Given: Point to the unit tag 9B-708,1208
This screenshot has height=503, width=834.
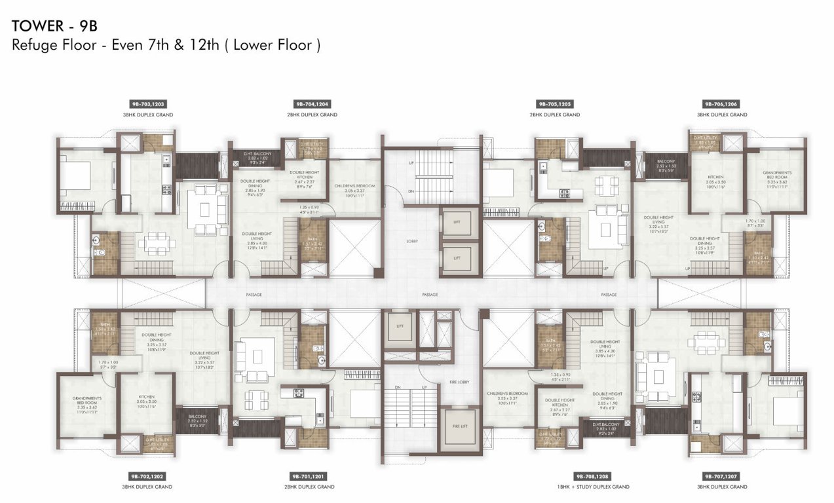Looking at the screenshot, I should pyautogui.click(x=592, y=476).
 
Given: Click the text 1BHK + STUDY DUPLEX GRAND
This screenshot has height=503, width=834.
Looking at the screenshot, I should pyautogui.click(x=592, y=487).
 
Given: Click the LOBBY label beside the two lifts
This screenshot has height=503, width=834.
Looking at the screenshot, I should pyautogui.click(x=411, y=240).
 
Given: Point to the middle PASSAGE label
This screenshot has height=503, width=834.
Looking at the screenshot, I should pyautogui.click(x=430, y=295).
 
